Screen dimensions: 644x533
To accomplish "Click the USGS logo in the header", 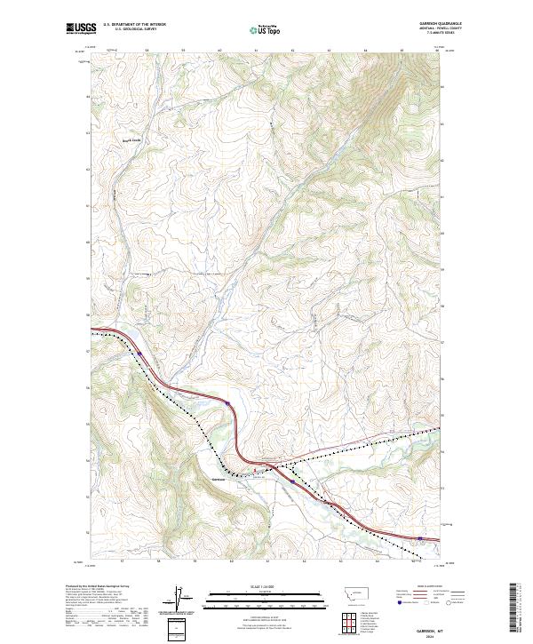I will click(x=82, y=28).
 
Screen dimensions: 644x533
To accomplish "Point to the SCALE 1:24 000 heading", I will click(x=266, y=587).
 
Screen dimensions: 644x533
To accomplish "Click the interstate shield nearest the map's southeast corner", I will click(x=419, y=537).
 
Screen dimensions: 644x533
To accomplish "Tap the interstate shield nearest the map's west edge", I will click(x=139, y=354).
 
